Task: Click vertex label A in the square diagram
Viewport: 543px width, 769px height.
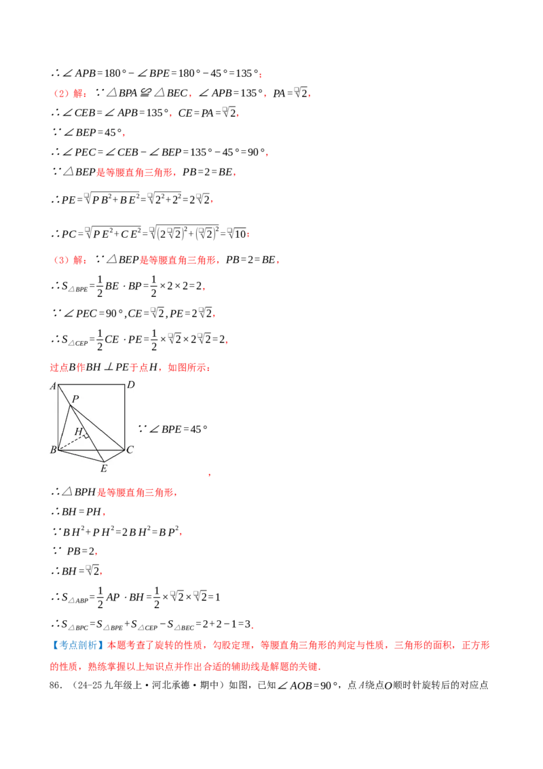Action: click(53, 387)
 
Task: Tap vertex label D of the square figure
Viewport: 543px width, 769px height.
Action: click(131, 385)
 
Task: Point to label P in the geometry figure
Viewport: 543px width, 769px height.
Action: click(75, 399)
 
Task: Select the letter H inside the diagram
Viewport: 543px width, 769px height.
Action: click(79, 431)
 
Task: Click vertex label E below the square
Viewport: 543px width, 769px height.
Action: click(104, 469)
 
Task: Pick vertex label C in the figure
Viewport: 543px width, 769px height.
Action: click(130, 450)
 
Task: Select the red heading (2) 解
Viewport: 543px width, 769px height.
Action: click(69, 93)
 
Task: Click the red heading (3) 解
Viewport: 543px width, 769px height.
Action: click(69, 260)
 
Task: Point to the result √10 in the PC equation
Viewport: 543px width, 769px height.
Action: click(238, 234)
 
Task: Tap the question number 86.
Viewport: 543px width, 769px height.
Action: click(55, 685)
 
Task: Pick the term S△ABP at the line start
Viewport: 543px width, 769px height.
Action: click(75, 598)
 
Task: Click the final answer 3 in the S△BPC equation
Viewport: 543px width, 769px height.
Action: click(248, 624)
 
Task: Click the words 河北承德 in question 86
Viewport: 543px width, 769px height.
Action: click(170, 685)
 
